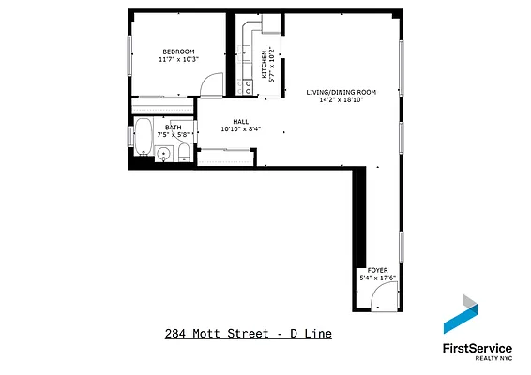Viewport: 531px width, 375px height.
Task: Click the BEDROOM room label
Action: tap(178, 52)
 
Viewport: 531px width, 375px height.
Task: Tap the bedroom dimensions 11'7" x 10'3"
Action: tap(178, 60)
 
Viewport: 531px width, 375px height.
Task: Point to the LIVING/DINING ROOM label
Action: tap(341, 92)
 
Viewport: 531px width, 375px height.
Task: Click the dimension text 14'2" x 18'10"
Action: tap(341, 99)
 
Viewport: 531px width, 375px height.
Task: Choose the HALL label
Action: tap(241, 122)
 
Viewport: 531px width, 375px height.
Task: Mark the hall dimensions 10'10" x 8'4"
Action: tap(241, 129)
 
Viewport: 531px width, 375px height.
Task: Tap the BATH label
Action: tap(174, 127)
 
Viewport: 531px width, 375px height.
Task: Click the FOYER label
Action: tap(377, 269)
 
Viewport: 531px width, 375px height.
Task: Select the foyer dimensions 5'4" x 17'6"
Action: tap(377, 277)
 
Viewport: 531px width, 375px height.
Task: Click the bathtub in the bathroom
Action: tap(144, 137)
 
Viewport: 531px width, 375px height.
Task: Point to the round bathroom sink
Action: tap(164, 154)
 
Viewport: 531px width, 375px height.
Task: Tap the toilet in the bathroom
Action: tap(184, 152)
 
